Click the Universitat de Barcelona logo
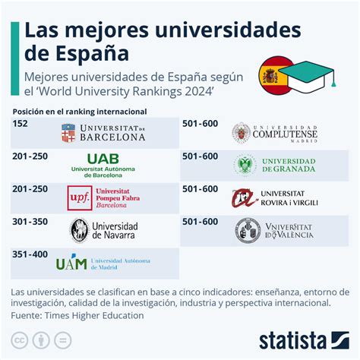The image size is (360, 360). coord(103,133)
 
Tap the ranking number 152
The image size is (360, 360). coord(21,122)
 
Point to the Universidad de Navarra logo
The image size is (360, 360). coord(104,230)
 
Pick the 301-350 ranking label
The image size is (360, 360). coord(29,222)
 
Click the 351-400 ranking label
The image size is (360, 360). coord(29,254)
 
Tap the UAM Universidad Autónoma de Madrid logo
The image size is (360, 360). coord(103,263)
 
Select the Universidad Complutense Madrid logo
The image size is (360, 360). coord(274,133)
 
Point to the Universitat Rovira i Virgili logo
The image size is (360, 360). coord(274,198)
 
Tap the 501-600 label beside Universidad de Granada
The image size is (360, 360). coord(201,156)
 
